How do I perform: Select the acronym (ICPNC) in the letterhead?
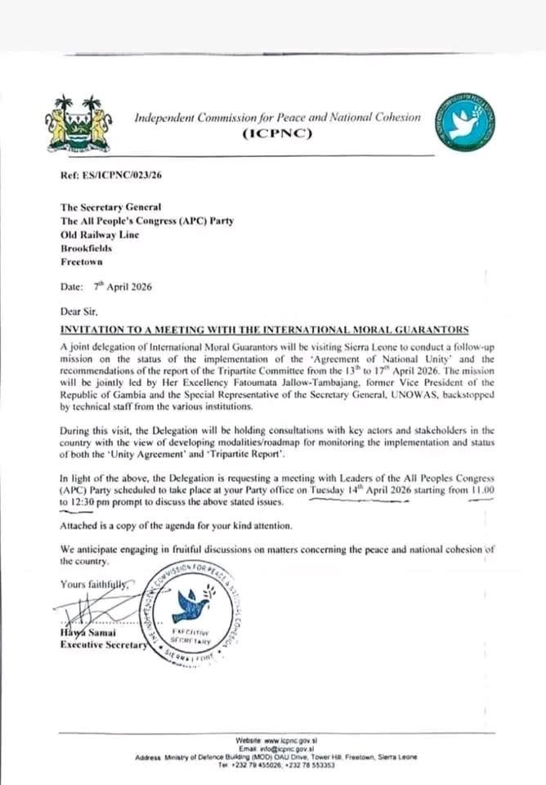[x=278, y=135]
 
